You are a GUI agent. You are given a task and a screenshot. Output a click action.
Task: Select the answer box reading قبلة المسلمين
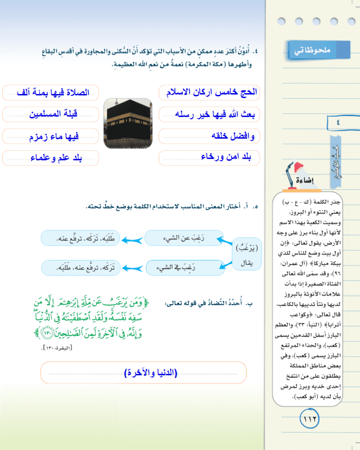(x=50, y=114)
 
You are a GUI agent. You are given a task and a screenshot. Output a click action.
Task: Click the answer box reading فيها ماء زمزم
(x=50, y=135)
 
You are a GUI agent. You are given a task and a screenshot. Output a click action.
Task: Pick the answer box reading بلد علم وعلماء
(x=50, y=157)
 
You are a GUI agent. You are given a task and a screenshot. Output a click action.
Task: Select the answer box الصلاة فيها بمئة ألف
(x=50, y=92)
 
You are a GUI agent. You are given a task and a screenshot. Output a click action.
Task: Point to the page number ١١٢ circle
(x=309, y=419)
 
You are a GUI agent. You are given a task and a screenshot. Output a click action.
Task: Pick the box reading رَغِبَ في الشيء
(x=184, y=268)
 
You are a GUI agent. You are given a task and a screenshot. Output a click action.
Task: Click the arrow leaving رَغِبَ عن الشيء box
(x=132, y=239)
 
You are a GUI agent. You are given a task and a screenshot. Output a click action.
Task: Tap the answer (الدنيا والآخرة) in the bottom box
(x=151, y=373)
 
